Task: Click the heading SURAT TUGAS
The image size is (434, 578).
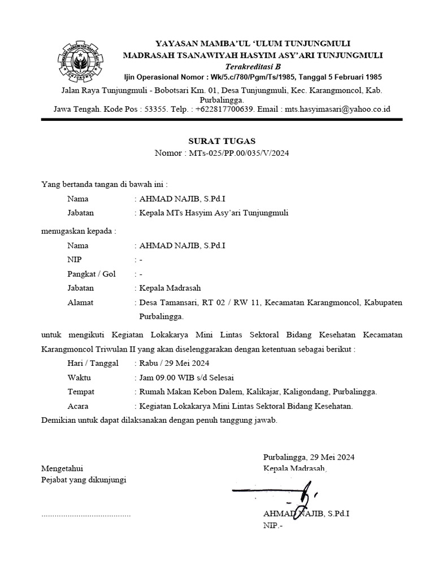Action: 222,141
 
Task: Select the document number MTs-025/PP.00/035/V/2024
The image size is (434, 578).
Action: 237,153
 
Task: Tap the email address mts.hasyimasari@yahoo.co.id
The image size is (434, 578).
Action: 337,109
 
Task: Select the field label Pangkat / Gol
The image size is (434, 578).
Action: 91,274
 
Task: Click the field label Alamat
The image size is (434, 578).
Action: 80,303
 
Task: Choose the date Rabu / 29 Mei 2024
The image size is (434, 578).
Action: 174,363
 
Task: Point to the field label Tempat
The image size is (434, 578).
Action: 81,391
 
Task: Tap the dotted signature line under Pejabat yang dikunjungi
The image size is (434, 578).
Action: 86,515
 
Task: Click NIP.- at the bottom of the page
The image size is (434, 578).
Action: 272,526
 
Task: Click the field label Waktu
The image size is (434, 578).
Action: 79,377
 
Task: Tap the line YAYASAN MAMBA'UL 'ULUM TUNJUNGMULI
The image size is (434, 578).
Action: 253,43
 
